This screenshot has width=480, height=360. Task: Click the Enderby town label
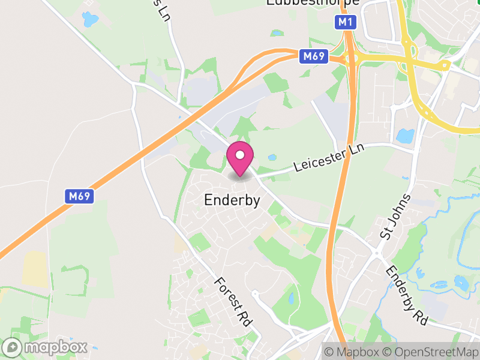click(232, 200)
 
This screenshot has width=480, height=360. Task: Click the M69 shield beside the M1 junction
click(314, 56)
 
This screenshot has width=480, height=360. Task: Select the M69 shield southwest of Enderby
click(79, 196)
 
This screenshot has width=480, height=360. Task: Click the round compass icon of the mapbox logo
click(13, 347)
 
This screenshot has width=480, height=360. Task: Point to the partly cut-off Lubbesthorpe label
click(313, 3)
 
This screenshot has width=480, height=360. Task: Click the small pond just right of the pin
click(272, 158)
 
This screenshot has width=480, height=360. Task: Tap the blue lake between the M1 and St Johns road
click(406, 136)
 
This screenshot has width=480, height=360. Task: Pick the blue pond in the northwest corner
click(89, 19)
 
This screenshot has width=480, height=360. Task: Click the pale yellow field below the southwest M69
click(34, 268)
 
